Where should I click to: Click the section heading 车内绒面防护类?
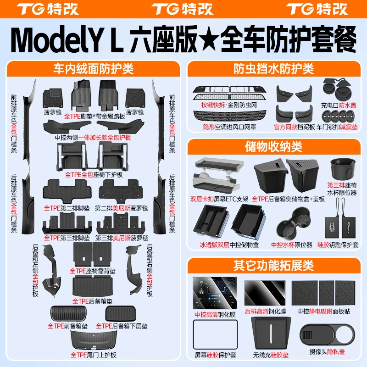tap(93, 69)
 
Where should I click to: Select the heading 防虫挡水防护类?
tap(274, 69)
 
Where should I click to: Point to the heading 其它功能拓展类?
tap(274, 265)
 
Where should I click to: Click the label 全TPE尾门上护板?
tap(93, 355)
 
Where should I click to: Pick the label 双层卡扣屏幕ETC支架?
tap(219, 200)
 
